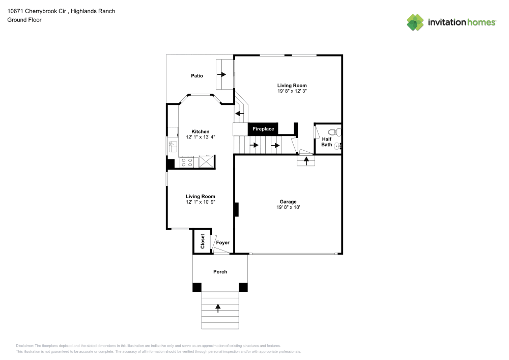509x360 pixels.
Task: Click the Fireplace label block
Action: (263, 129)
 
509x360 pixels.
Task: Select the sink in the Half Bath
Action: (338, 146)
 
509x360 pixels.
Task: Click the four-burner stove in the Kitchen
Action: (187, 162)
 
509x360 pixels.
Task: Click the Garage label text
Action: (288, 202)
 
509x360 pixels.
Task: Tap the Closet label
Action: (202, 241)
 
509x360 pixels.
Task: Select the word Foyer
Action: (222, 243)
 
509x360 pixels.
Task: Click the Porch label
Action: (220, 271)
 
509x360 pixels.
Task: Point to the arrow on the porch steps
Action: (218, 308)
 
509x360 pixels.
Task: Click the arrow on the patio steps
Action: (221, 74)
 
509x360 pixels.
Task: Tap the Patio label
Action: (197, 76)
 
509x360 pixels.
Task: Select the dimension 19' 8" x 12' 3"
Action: (292, 91)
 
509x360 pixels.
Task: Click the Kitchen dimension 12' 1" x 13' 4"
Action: (197, 137)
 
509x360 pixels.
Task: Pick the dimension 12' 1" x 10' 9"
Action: (200, 202)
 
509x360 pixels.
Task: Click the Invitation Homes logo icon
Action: (415, 22)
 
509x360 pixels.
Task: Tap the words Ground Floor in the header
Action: (24, 20)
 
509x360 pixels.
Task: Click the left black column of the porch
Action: (197, 287)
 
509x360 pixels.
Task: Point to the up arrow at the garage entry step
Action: (306, 161)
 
